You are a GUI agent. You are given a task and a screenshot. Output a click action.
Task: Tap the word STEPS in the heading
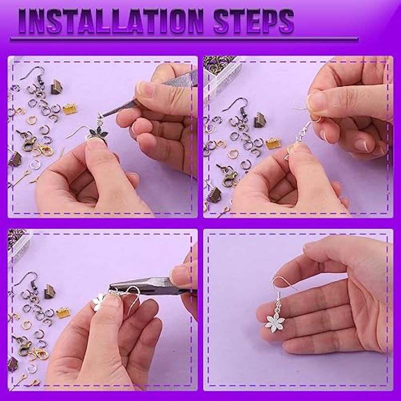[254, 21]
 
